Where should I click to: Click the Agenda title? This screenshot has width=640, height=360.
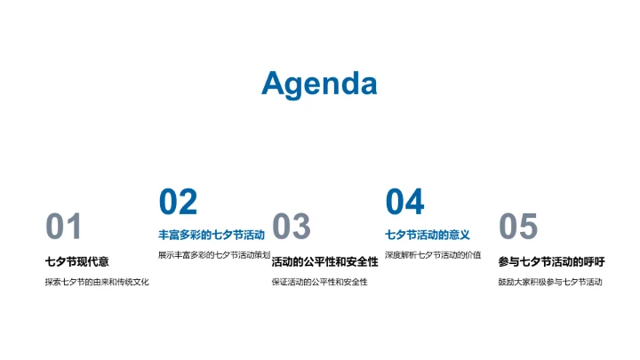click(x=319, y=84)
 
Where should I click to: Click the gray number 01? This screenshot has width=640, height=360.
click(x=64, y=228)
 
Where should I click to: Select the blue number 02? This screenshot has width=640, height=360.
click(x=178, y=203)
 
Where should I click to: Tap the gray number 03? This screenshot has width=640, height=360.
click(x=292, y=228)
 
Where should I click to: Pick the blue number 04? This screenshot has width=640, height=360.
click(x=404, y=203)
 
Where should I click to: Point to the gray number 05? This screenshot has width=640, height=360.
click(x=518, y=228)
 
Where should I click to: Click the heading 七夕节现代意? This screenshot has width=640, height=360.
click(x=76, y=261)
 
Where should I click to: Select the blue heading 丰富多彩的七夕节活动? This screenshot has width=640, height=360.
click(x=212, y=236)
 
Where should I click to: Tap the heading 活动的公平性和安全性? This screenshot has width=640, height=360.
click(x=324, y=261)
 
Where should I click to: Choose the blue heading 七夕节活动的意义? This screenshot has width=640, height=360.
click(x=428, y=236)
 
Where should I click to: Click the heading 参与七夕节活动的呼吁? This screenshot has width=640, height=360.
click(x=551, y=261)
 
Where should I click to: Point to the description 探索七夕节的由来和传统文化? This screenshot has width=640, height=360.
click(x=97, y=283)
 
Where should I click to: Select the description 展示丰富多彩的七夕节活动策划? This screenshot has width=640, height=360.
click(x=213, y=255)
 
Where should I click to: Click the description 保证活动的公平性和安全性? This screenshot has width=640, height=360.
click(x=319, y=283)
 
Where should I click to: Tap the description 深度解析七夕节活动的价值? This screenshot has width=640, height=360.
click(x=433, y=255)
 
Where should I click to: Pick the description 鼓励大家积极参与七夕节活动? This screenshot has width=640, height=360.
click(x=550, y=283)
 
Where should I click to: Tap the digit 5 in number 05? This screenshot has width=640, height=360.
click(x=528, y=228)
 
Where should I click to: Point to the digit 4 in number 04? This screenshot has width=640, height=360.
click(x=414, y=203)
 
